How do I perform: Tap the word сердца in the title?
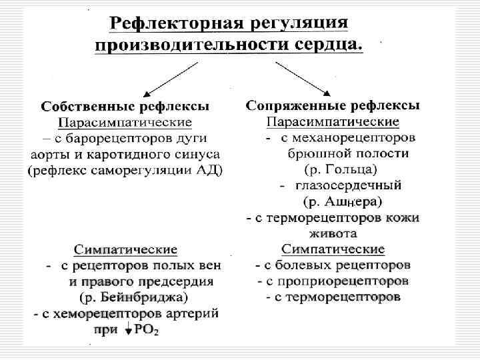point(327,45)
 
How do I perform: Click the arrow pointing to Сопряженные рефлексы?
point(304,77)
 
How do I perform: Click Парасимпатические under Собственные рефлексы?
point(125,123)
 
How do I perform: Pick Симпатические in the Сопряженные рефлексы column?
point(333,249)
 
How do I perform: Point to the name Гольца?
point(351,169)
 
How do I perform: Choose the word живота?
point(333,233)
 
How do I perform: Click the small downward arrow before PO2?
point(127,329)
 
